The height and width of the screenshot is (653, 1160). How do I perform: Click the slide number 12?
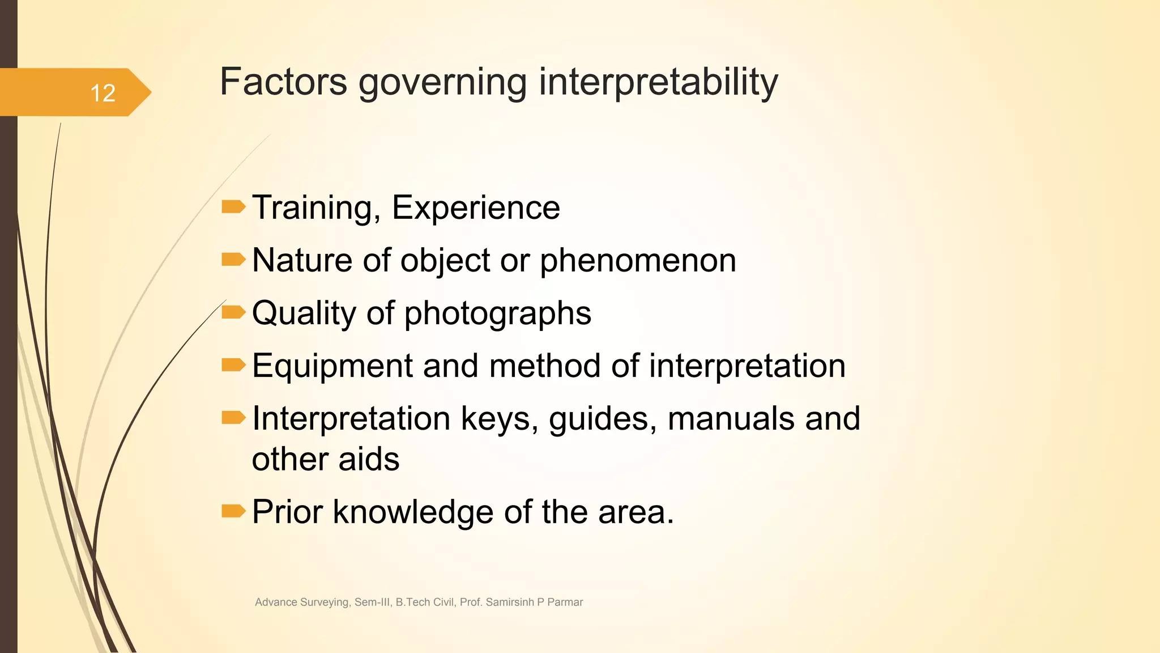103,93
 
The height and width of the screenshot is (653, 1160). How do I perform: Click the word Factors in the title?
283,82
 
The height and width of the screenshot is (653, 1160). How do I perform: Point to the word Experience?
476,208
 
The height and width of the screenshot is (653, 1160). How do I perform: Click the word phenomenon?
638,261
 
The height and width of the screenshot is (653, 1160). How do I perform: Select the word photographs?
497,313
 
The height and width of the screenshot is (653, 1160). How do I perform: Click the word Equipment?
332,366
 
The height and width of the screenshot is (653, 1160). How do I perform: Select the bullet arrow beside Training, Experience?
233,207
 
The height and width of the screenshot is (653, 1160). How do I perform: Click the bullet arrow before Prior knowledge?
233,511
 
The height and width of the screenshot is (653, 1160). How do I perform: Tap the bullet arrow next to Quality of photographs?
233,312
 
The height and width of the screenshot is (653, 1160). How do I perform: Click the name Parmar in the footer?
565,602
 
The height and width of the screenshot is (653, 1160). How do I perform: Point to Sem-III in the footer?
372,602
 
